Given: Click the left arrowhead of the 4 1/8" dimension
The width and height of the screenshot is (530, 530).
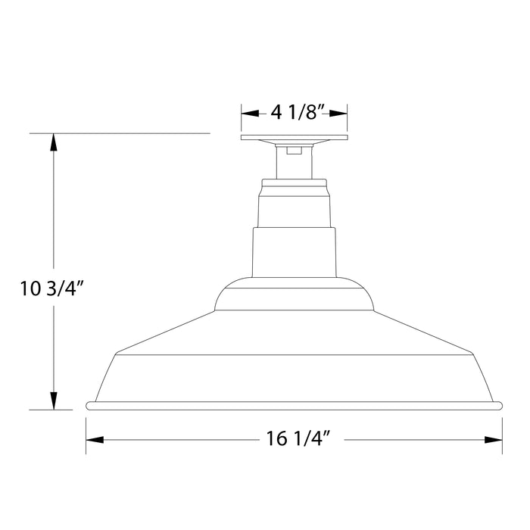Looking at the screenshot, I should [247, 114].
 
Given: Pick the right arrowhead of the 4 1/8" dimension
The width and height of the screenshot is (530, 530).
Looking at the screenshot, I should [342, 114].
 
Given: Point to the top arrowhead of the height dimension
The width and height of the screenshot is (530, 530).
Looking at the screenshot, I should [53, 141].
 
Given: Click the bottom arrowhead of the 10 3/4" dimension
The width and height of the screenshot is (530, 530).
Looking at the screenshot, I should [53, 402].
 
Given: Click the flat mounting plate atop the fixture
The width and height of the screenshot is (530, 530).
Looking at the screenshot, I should [295, 139].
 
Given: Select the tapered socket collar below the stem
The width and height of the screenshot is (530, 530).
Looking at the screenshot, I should [295, 204].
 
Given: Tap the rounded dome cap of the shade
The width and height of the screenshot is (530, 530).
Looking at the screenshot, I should [295, 295].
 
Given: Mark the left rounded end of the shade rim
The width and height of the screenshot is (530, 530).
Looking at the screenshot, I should [89, 406].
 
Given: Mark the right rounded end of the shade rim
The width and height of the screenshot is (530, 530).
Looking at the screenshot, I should [500, 406].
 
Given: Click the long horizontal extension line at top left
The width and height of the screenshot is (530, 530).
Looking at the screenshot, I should [121, 133].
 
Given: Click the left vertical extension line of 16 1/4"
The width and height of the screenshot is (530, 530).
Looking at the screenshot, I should [86, 435].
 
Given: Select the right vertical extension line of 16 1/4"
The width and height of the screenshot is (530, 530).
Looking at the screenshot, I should [503, 435].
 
